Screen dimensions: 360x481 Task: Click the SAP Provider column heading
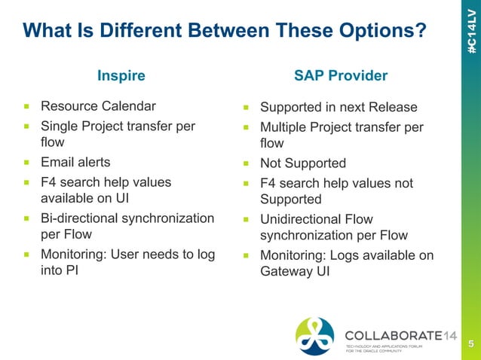pos(340,75)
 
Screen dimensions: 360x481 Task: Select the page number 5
pos(470,345)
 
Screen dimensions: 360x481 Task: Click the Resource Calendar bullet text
pos(98,105)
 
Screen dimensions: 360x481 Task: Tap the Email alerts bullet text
pos(75,161)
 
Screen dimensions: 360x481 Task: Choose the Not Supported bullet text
pos(302,163)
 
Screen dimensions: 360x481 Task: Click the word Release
pos(392,107)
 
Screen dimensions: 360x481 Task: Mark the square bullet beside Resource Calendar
pos(26,106)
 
